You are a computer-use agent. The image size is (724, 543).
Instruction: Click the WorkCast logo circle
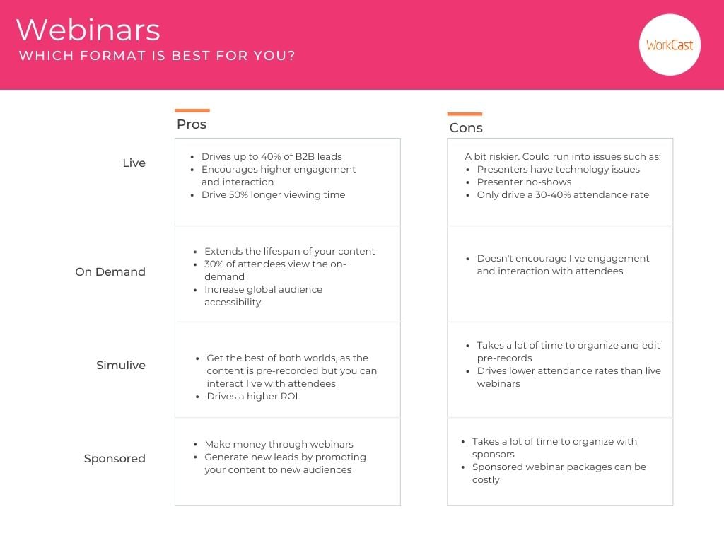(670, 45)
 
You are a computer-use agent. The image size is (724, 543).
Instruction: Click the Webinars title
(88, 30)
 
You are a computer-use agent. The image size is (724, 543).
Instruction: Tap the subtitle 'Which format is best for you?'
(157, 56)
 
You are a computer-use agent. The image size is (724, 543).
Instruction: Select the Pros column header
(192, 124)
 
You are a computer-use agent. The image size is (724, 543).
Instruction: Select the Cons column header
(466, 128)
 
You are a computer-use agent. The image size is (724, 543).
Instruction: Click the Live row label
(134, 163)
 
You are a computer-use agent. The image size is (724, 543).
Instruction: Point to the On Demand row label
(110, 271)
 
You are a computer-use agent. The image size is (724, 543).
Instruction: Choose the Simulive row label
(121, 365)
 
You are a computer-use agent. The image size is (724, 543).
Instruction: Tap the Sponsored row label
(115, 458)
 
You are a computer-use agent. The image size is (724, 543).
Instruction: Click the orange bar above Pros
(192, 110)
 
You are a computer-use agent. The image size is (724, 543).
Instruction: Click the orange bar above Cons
(465, 114)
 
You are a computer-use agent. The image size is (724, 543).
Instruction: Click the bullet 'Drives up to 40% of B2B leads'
(271, 156)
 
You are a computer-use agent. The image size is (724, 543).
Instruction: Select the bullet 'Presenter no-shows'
(524, 182)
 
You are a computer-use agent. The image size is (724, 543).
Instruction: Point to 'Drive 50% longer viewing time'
(273, 194)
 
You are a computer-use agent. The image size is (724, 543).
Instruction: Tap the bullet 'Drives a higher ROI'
(253, 396)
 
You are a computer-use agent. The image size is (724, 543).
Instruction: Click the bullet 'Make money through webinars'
(279, 444)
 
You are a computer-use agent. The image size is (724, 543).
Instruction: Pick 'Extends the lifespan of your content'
(289, 251)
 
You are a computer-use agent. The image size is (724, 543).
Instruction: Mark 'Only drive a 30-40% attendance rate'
(563, 194)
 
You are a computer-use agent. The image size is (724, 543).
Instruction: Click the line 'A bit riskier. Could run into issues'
(563, 156)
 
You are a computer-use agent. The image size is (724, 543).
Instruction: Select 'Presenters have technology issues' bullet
(558, 169)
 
